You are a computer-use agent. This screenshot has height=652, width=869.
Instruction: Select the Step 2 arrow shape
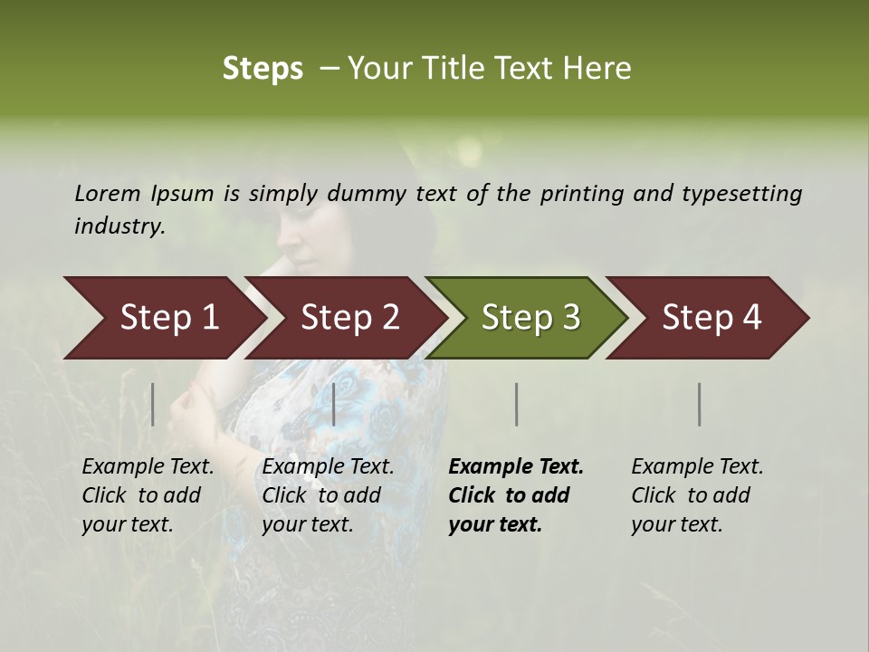[x=349, y=318]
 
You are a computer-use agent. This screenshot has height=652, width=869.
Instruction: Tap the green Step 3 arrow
[x=530, y=318]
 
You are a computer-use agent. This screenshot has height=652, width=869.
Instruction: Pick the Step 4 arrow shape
[x=711, y=318]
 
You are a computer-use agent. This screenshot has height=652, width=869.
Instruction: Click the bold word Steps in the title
[x=263, y=69]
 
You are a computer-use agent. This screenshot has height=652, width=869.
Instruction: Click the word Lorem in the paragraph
[x=108, y=193]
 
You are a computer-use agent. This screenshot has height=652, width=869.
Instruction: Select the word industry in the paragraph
[x=119, y=225]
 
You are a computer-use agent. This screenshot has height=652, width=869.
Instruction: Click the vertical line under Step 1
[x=153, y=404]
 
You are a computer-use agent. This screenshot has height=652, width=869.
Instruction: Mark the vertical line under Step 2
[x=334, y=404]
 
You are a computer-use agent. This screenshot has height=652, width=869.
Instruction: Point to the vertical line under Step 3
[x=516, y=404]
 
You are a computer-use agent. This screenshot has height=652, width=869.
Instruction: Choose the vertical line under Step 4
[x=700, y=404]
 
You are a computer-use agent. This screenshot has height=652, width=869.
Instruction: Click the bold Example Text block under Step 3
[x=515, y=495]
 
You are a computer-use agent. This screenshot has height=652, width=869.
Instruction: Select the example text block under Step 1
[x=148, y=495]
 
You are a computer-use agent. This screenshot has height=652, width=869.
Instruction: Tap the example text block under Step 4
[x=696, y=495]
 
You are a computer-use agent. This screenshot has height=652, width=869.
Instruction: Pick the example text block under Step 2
[x=328, y=495]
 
